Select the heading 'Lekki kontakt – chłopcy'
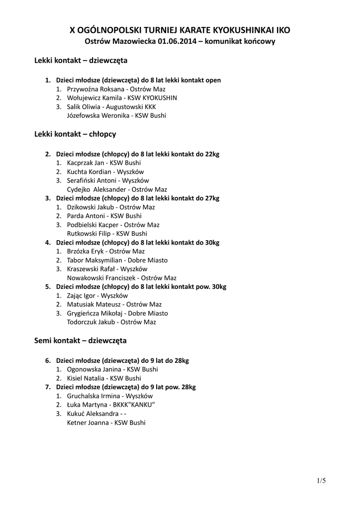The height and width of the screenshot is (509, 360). click(75, 134)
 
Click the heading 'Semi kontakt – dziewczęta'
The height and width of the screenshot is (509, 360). click(80, 340)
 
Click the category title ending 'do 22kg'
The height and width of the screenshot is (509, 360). click(137, 154)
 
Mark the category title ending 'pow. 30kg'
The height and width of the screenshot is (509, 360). click(141, 287)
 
